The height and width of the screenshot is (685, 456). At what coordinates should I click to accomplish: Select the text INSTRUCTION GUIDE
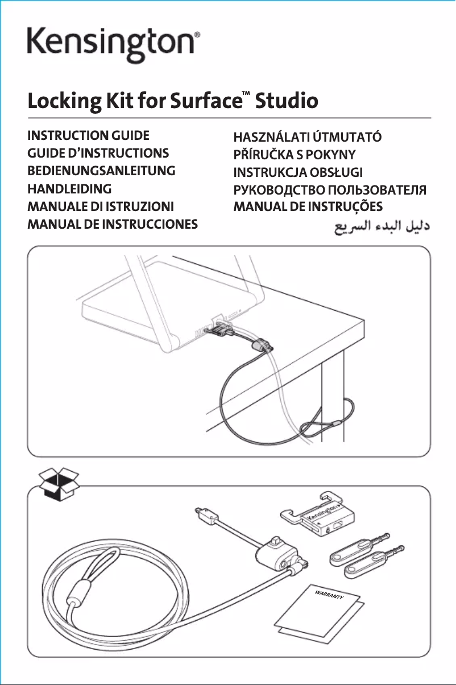pyautogui.click(x=88, y=136)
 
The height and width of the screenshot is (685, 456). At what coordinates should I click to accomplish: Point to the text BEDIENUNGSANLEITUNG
pyautogui.click(x=101, y=171)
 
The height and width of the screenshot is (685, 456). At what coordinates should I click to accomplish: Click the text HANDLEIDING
pyautogui.click(x=69, y=188)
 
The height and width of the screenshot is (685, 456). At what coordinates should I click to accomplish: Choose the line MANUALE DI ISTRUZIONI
pyautogui.click(x=101, y=206)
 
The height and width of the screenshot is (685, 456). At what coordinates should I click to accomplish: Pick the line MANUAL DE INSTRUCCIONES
pyautogui.click(x=113, y=224)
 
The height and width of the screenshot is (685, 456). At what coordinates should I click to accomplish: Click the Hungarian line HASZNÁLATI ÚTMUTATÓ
pyautogui.click(x=308, y=137)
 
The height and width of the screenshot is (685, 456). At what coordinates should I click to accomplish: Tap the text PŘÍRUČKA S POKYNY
pyautogui.click(x=295, y=155)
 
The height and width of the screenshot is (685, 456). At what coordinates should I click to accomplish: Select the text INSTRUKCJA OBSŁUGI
pyautogui.click(x=299, y=172)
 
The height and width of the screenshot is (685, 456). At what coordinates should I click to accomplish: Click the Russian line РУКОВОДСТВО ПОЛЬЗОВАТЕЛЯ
pyautogui.click(x=330, y=189)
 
